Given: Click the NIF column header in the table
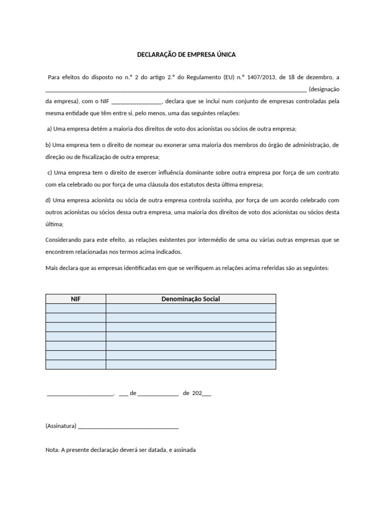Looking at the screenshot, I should (x=76, y=299).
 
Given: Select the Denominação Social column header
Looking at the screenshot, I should (x=190, y=299).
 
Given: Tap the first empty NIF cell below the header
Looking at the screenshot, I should (x=76, y=308).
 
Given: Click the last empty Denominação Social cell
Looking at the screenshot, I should (x=190, y=364).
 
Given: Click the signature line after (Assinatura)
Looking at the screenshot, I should (x=128, y=426).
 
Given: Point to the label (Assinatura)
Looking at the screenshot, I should (x=61, y=426).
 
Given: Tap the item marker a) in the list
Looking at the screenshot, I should (x=49, y=128).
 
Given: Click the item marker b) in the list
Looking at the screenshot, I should (x=48, y=145).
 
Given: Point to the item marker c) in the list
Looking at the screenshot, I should (x=49, y=172).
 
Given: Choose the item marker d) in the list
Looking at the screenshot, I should (x=48, y=200).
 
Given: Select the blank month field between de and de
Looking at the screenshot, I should (x=158, y=393).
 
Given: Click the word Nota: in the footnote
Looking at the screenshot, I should (x=52, y=450).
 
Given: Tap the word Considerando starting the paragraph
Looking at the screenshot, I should (x=64, y=240).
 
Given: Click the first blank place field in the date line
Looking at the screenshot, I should (x=80, y=393).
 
